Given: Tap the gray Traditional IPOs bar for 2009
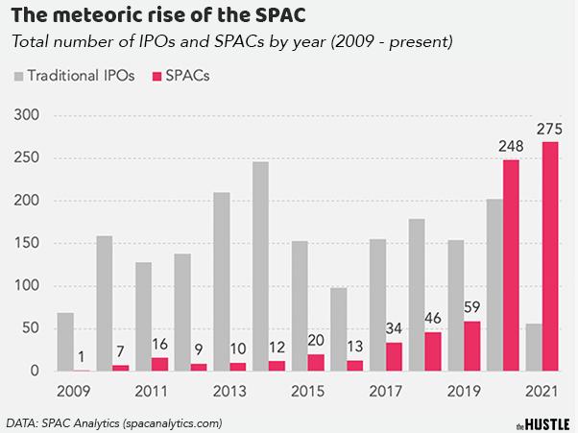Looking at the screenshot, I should click(x=65, y=342).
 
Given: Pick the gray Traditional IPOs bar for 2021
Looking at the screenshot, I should click(x=533, y=348).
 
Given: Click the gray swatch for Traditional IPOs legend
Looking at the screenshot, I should click(x=18, y=75).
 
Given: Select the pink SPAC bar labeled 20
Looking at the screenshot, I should click(x=315, y=362).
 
